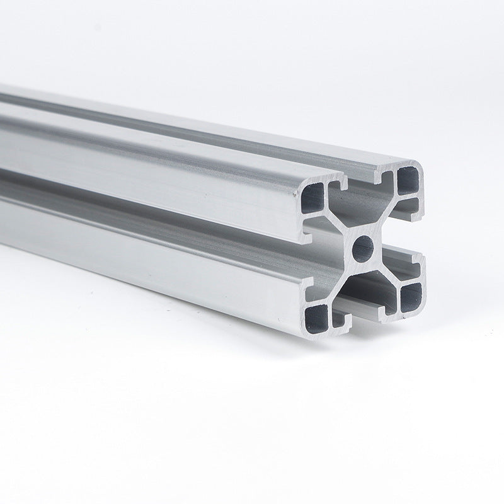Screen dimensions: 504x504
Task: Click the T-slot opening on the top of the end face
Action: coord(362,182)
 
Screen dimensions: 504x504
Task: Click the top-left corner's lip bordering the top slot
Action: coord(340,183)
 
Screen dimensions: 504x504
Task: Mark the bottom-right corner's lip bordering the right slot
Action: coord(415,261)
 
